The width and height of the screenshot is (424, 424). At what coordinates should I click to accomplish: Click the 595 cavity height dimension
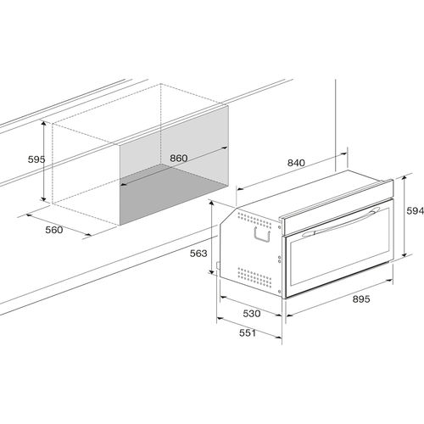click(x=36, y=159)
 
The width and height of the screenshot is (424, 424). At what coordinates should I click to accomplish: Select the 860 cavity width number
click(x=179, y=158)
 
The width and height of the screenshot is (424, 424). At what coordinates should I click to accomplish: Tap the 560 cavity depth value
click(x=54, y=230)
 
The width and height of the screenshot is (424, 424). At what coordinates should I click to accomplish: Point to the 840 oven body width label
click(x=296, y=163)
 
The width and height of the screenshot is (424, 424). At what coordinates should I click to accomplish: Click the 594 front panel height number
click(x=415, y=210)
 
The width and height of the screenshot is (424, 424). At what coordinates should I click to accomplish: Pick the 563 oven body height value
click(x=198, y=254)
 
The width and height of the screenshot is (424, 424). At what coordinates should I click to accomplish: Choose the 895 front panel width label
click(x=361, y=298)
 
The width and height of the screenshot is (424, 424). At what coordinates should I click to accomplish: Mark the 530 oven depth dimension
click(x=252, y=313)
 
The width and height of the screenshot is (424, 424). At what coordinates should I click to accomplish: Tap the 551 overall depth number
click(x=248, y=333)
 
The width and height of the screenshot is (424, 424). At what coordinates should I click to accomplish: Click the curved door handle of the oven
click(x=341, y=222)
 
